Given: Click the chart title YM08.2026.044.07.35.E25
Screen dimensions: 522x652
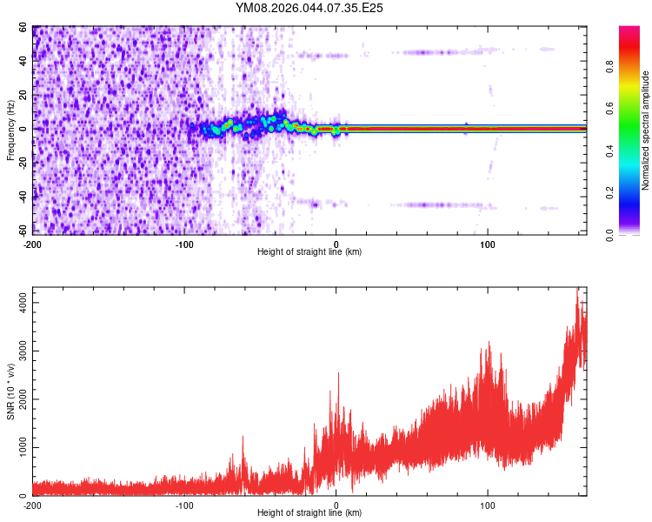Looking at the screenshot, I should pos(309,8).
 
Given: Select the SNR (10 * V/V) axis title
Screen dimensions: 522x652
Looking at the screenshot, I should pos(11,391).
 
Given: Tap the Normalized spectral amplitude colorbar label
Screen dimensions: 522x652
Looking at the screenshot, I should pos(646,130).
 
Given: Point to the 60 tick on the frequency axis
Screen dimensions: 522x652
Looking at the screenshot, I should pos(24,27).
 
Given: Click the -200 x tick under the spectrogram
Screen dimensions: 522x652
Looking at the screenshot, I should pos(32,244).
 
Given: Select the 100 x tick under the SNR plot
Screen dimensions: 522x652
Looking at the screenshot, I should pos(488,505).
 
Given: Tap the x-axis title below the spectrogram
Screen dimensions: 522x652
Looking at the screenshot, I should pos(309,252).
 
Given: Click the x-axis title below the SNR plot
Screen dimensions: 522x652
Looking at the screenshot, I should pos(309,513).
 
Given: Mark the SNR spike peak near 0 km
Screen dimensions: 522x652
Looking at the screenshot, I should pos(338,373).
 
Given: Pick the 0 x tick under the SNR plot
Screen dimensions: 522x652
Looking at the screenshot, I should pos(336,505).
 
